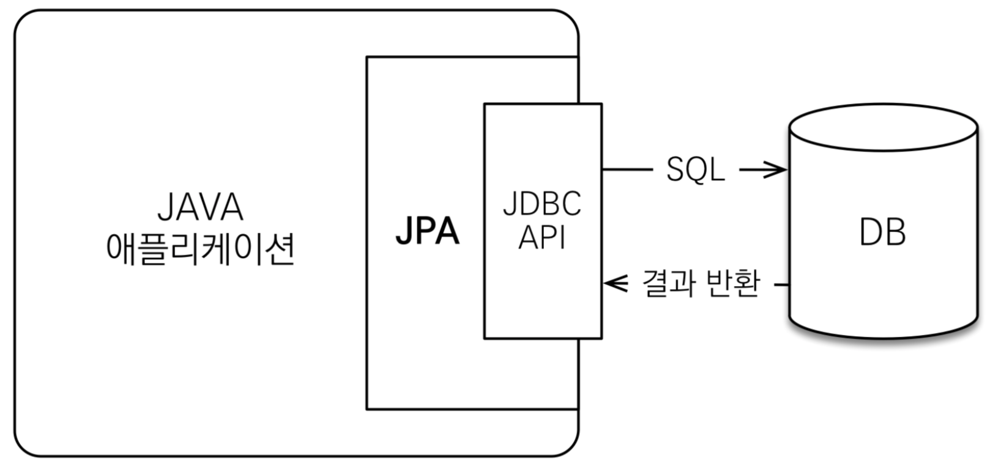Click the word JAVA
pyautogui.click(x=201, y=208)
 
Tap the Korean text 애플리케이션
pyautogui.click(x=201, y=248)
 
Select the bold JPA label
pyautogui.click(x=427, y=232)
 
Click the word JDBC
pyautogui.click(x=542, y=204)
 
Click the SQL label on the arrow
pyautogui.click(x=695, y=169)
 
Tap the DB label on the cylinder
pyautogui.click(x=882, y=232)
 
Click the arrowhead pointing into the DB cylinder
pyautogui.click(x=777, y=169)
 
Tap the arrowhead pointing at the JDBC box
pyautogui.click(x=614, y=284)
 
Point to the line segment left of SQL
pyautogui.click(x=627, y=169)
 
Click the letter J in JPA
pyautogui.click(x=404, y=232)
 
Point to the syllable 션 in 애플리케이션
pyautogui.click(x=282, y=248)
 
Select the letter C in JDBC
pyautogui.click(x=570, y=204)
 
